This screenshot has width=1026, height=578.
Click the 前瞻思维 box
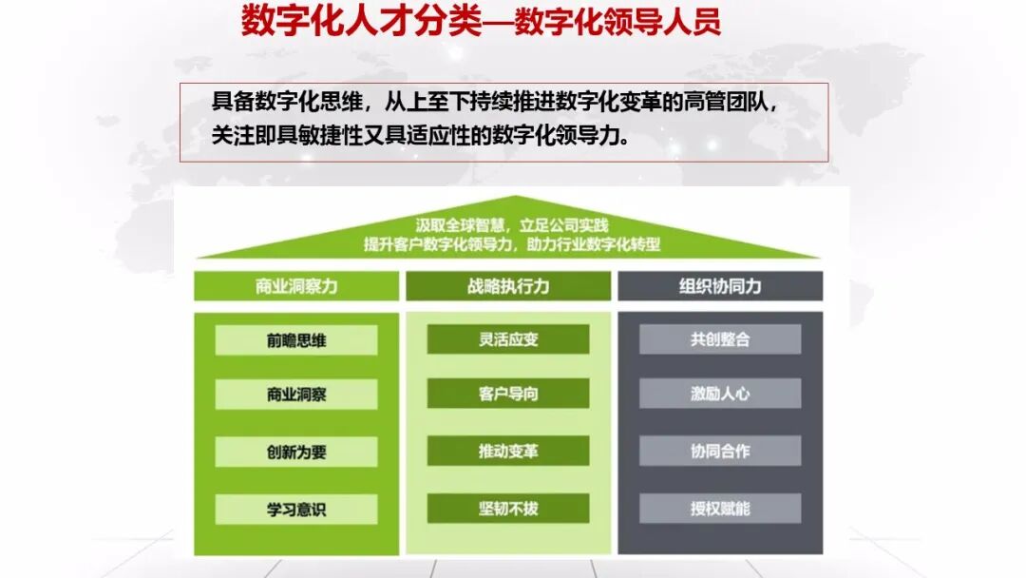click(295, 339)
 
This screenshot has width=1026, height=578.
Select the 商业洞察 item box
click(295, 395)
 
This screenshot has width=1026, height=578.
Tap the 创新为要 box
click(295, 452)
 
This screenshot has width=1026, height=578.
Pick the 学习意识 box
click(295, 509)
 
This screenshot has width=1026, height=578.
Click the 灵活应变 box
click(508, 339)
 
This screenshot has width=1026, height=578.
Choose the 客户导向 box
click(508, 394)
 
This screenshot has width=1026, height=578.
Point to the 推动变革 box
click(508, 451)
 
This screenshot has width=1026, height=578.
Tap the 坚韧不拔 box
click(508, 508)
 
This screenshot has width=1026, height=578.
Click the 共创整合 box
click(720, 339)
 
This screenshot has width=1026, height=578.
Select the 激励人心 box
click(720, 394)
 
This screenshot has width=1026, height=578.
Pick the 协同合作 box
click(720, 451)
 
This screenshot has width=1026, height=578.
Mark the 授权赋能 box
click(720, 508)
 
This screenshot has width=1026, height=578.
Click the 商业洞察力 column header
click(296, 286)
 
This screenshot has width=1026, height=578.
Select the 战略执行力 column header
click(508, 286)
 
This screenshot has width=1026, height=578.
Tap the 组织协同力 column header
click(720, 286)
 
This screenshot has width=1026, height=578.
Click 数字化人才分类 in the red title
click(361, 21)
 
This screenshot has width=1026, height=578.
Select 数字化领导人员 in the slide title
click(617, 23)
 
